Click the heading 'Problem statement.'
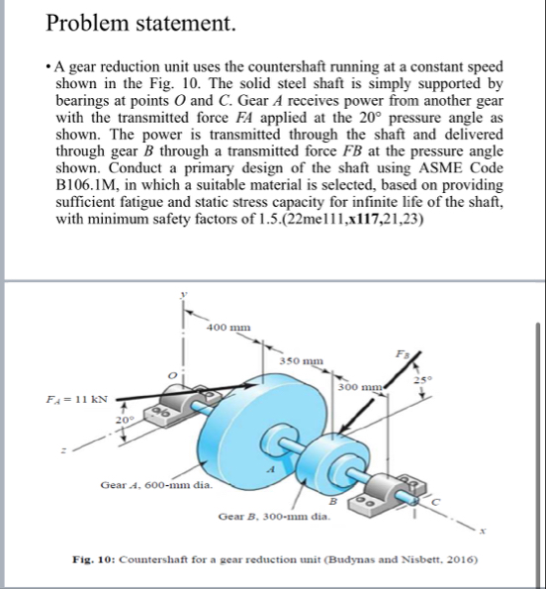[x=140, y=24]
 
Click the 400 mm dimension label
[x=228, y=328]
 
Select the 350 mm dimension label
[x=302, y=361]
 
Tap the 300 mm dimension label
[x=360, y=387]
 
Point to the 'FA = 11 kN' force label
[x=76, y=399]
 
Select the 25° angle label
[x=423, y=380]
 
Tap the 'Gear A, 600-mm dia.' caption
[x=156, y=485]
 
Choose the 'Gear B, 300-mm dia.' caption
[x=274, y=517]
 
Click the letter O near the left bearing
[x=172, y=375]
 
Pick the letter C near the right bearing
[x=435, y=502]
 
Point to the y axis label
[x=183, y=295]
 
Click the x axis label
[x=483, y=532]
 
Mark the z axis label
[x=64, y=450]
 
